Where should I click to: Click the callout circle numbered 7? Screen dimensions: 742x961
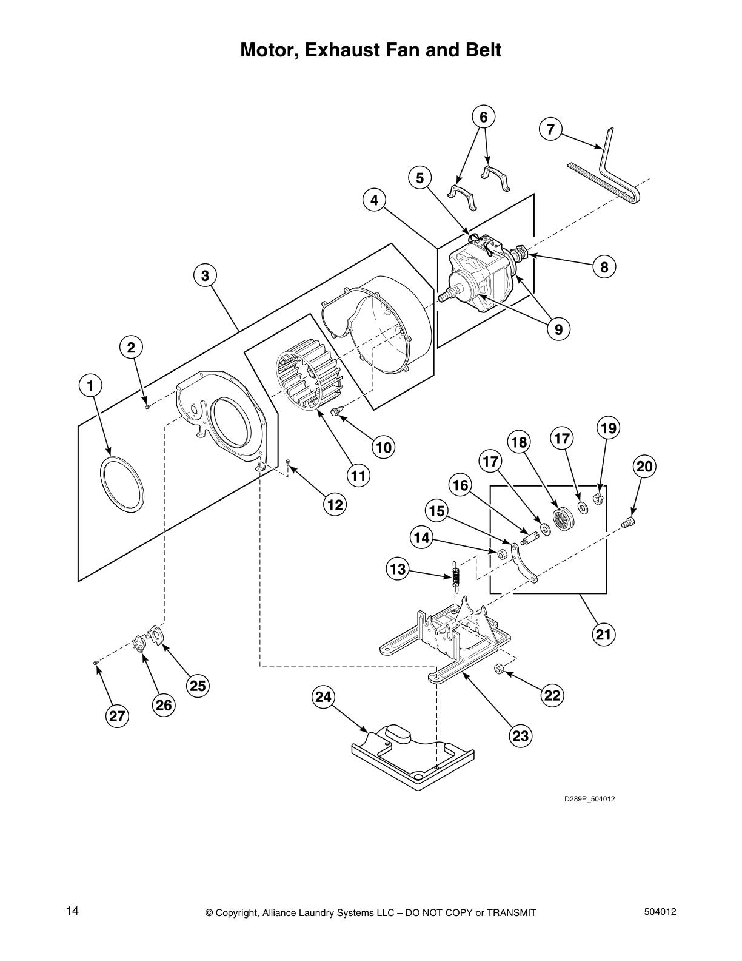[550, 129]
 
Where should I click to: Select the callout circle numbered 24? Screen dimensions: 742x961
[324, 697]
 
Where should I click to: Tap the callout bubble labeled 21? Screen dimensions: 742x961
[603, 634]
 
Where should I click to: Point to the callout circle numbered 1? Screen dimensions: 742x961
[90, 386]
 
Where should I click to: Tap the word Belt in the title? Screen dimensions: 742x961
[482, 50]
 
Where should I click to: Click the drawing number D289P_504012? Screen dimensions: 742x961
[589, 799]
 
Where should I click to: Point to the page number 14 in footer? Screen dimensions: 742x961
[73, 911]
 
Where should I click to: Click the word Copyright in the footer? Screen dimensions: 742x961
[236, 913]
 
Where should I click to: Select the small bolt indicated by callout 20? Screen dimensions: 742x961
[628, 522]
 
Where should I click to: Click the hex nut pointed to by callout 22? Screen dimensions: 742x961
[498, 670]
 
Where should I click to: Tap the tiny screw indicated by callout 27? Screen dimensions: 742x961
[95, 663]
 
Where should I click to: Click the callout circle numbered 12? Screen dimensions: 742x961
[335, 504]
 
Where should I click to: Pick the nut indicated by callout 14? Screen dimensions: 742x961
[501, 554]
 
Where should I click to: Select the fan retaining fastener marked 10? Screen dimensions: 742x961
[336, 411]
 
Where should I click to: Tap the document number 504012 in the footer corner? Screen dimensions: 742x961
[660, 911]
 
